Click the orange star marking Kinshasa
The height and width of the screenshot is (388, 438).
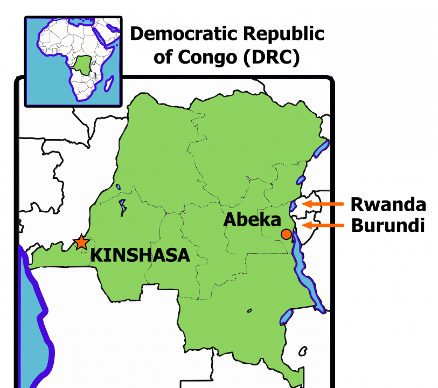click(x=81, y=242)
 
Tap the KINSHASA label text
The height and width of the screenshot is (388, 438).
click(x=140, y=255)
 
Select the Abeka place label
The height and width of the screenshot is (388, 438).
click(x=252, y=220)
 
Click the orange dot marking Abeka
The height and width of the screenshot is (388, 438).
click(x=286, y=234)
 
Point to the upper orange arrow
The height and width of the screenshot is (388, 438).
click(x=323, y=204)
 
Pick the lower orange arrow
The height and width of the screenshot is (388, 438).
click(x=323, y=225)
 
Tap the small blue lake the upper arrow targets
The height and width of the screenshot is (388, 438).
click(x=293, y=206)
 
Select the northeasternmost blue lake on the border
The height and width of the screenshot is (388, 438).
click(x=321, y=148)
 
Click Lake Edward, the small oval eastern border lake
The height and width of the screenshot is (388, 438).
click(x=301, y=180)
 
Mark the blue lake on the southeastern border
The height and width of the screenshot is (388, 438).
click(x=286, y=317)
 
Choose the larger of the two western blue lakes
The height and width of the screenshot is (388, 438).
click(x=123, y=206)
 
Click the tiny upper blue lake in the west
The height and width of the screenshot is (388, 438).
click(x=118, y=188)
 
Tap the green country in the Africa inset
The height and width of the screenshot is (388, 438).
click(x=82, y=65)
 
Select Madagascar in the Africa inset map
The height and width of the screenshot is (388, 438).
click(x=109, y=84)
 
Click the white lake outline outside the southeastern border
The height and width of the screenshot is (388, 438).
click(x=303, y=350)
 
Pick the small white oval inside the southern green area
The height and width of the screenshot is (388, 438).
click(x=249, y=310)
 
